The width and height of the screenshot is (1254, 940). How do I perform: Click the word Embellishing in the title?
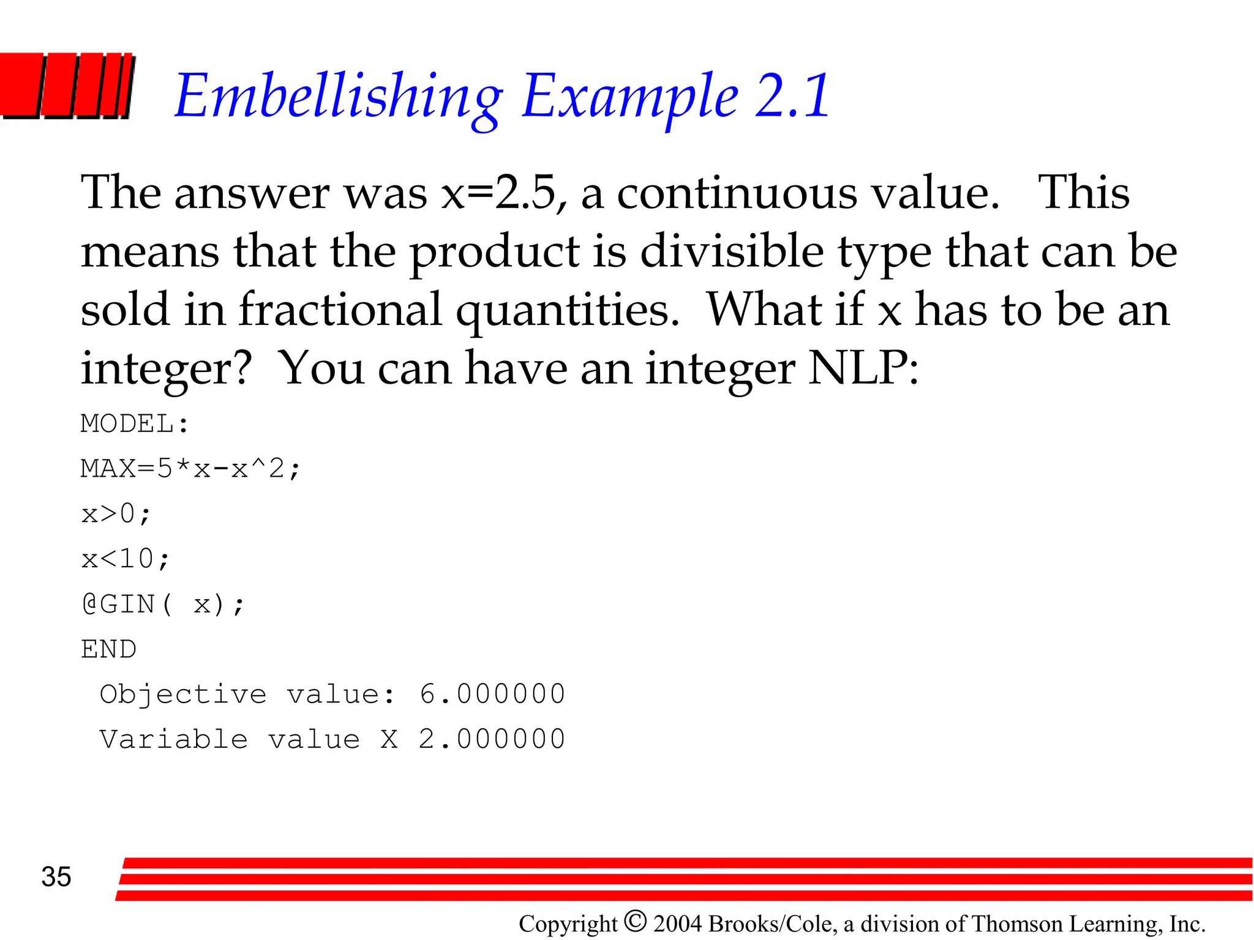339,96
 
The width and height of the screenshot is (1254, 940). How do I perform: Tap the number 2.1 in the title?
792,96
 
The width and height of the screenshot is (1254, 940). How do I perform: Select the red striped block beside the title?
66,86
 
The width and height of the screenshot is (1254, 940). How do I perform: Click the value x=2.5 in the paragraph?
499,193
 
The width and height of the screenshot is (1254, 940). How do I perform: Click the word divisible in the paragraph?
732,252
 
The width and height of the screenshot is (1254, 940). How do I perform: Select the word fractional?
340,310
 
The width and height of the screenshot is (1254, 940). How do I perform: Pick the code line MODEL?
135,423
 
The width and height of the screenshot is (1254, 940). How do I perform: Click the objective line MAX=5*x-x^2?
190,469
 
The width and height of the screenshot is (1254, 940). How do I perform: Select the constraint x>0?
116,513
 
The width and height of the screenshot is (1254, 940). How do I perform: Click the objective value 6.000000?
492,694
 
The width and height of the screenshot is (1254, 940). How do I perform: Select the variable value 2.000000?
492,739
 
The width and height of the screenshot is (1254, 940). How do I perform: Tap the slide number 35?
56,877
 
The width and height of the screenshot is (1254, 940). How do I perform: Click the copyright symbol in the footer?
636,921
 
